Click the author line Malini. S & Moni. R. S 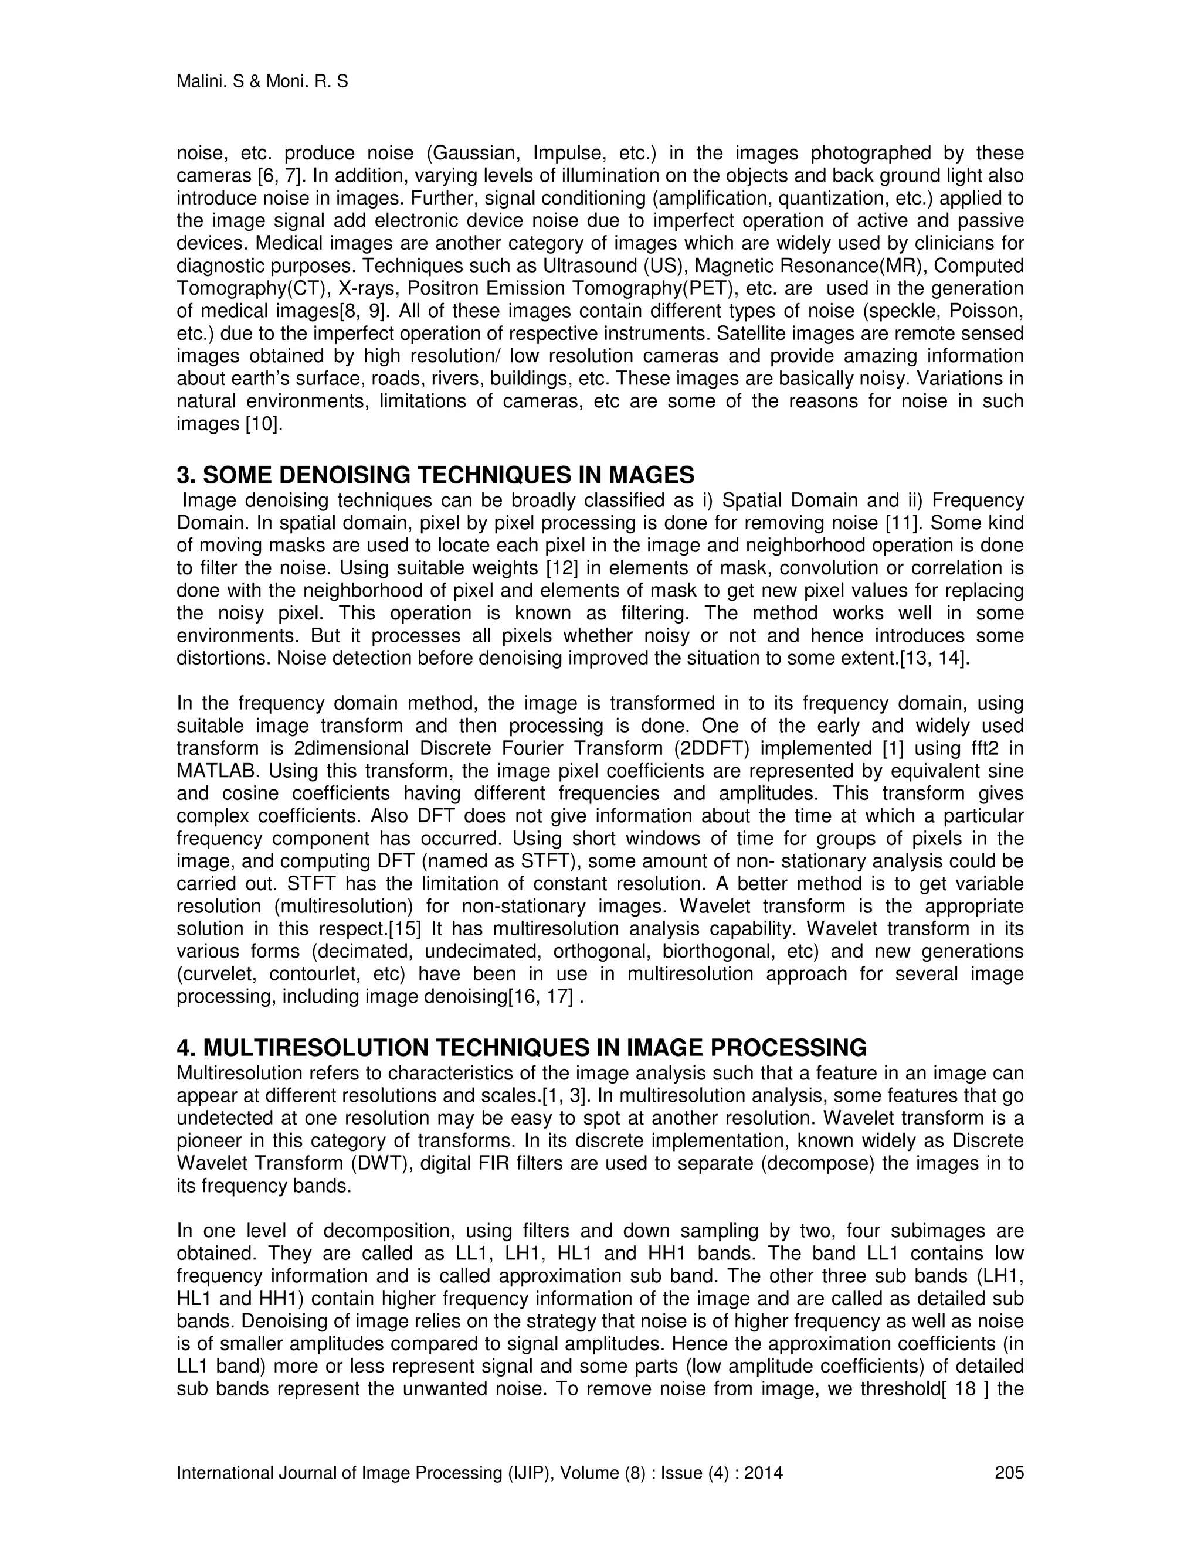(262, 82)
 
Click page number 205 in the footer (1008, 1473)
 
